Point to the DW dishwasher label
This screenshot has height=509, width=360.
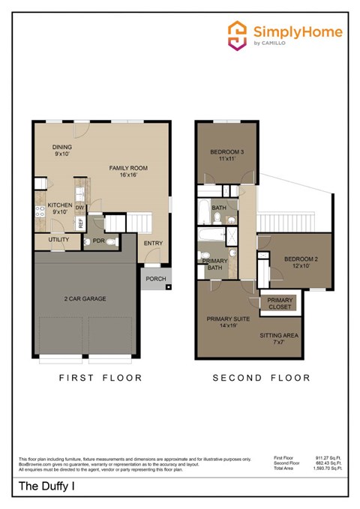79,209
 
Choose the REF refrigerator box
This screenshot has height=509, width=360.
79,224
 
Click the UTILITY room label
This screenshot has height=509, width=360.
58,240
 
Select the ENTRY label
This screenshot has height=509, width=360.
153,244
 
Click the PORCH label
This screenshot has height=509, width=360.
156,279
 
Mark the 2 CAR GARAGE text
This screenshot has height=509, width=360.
84,298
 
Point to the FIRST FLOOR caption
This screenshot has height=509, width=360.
100,378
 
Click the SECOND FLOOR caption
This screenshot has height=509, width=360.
261,378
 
